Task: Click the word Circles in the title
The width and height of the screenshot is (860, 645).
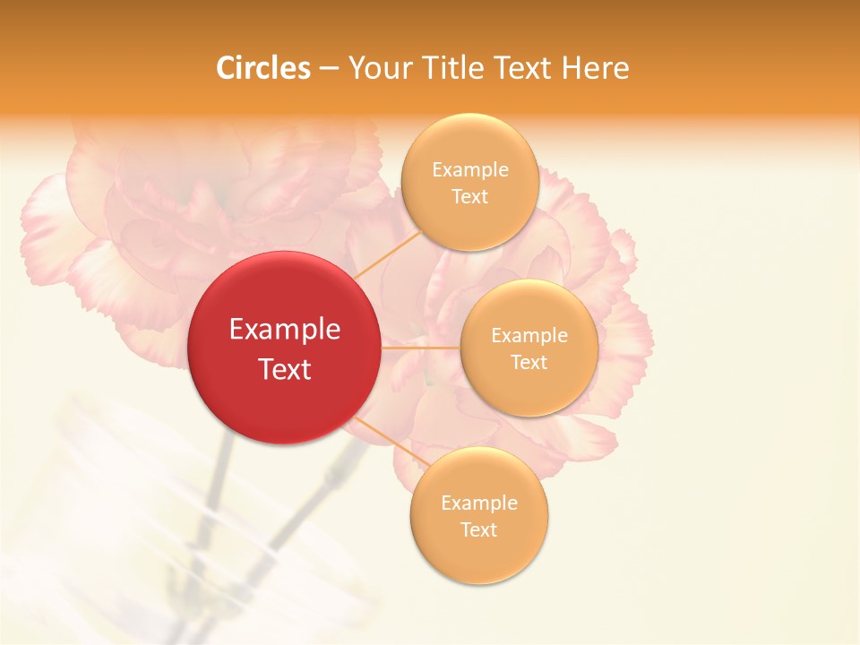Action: point(263,68)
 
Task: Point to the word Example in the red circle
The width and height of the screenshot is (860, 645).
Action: point(285,330)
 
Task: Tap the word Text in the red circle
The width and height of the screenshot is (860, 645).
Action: point(285,369)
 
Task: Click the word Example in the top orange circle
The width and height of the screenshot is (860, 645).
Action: point(470,170)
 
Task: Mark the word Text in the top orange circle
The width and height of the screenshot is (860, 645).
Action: point(470,197)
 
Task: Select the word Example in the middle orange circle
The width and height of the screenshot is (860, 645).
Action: point(529,336)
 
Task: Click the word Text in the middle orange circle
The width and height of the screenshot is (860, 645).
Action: point(529,363)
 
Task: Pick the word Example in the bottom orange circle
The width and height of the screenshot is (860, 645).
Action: point(479,503)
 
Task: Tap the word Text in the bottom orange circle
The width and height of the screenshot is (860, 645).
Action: point(479,530)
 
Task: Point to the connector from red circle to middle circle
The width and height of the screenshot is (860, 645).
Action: point(420,348)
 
